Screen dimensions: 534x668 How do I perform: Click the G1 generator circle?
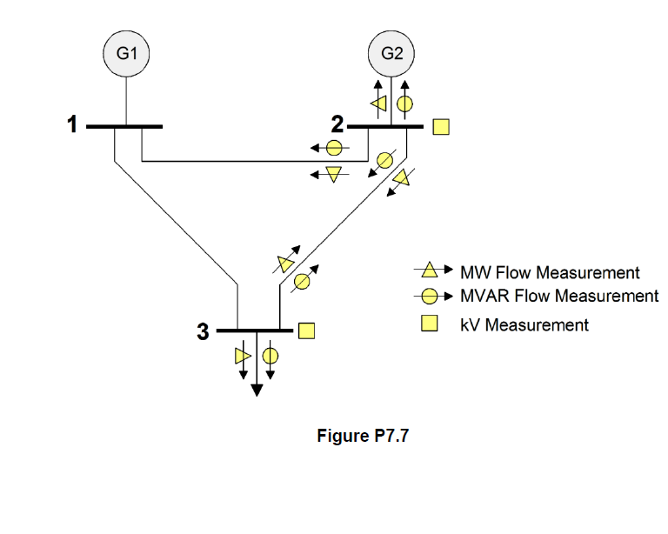tap(127, 53)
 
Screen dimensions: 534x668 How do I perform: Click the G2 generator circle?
tap(392, 53)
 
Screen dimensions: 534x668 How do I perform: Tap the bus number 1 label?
tap(73, 126)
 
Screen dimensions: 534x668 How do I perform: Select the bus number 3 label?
tap(203, 331)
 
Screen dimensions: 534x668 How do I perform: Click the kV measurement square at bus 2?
tap(441, 127)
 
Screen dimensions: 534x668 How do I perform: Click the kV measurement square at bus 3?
tap(306, 330)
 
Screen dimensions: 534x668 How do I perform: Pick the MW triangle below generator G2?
tap(378, 105)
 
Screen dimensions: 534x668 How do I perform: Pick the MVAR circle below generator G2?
tap(404, 105)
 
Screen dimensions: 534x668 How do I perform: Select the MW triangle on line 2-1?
tap(333, 174)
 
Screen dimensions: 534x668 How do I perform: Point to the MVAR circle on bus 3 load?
tap(271, 356)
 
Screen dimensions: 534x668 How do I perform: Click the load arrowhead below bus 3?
tap(257, 389)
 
